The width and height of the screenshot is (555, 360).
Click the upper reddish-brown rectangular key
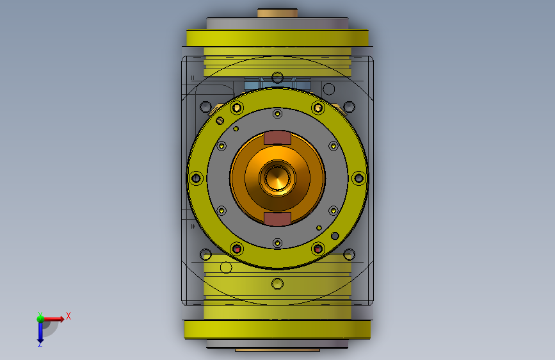pos(278,138)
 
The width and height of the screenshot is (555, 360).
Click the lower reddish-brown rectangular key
pos(278,219)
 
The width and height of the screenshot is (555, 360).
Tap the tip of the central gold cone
pos(278,177)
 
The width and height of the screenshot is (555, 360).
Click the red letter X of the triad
pos(68,316)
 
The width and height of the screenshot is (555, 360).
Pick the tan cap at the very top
pos(278,13)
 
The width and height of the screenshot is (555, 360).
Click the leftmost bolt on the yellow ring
pos(196,178)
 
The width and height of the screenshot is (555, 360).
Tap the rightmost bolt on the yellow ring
pos(358,178)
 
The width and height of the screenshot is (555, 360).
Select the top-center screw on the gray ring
pos(278,114)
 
